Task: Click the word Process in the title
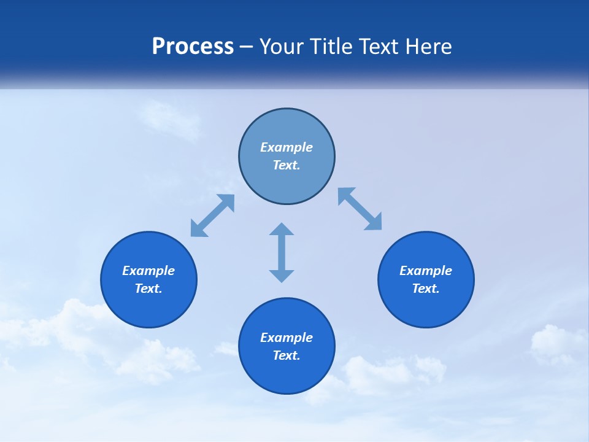(193, 47)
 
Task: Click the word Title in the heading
(332, 47)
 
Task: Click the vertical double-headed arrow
(282, 252)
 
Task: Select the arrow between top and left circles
(212, 215)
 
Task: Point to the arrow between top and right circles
(360, 209)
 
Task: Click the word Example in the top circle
(287, 147)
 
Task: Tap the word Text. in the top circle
(287, 165)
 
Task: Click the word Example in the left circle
(148, 271)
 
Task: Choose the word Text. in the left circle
(148, 289)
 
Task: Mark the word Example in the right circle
(426, 271)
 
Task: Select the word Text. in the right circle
(426, 289)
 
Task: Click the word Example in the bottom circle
(287, 338)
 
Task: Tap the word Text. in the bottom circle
(287, 355)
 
